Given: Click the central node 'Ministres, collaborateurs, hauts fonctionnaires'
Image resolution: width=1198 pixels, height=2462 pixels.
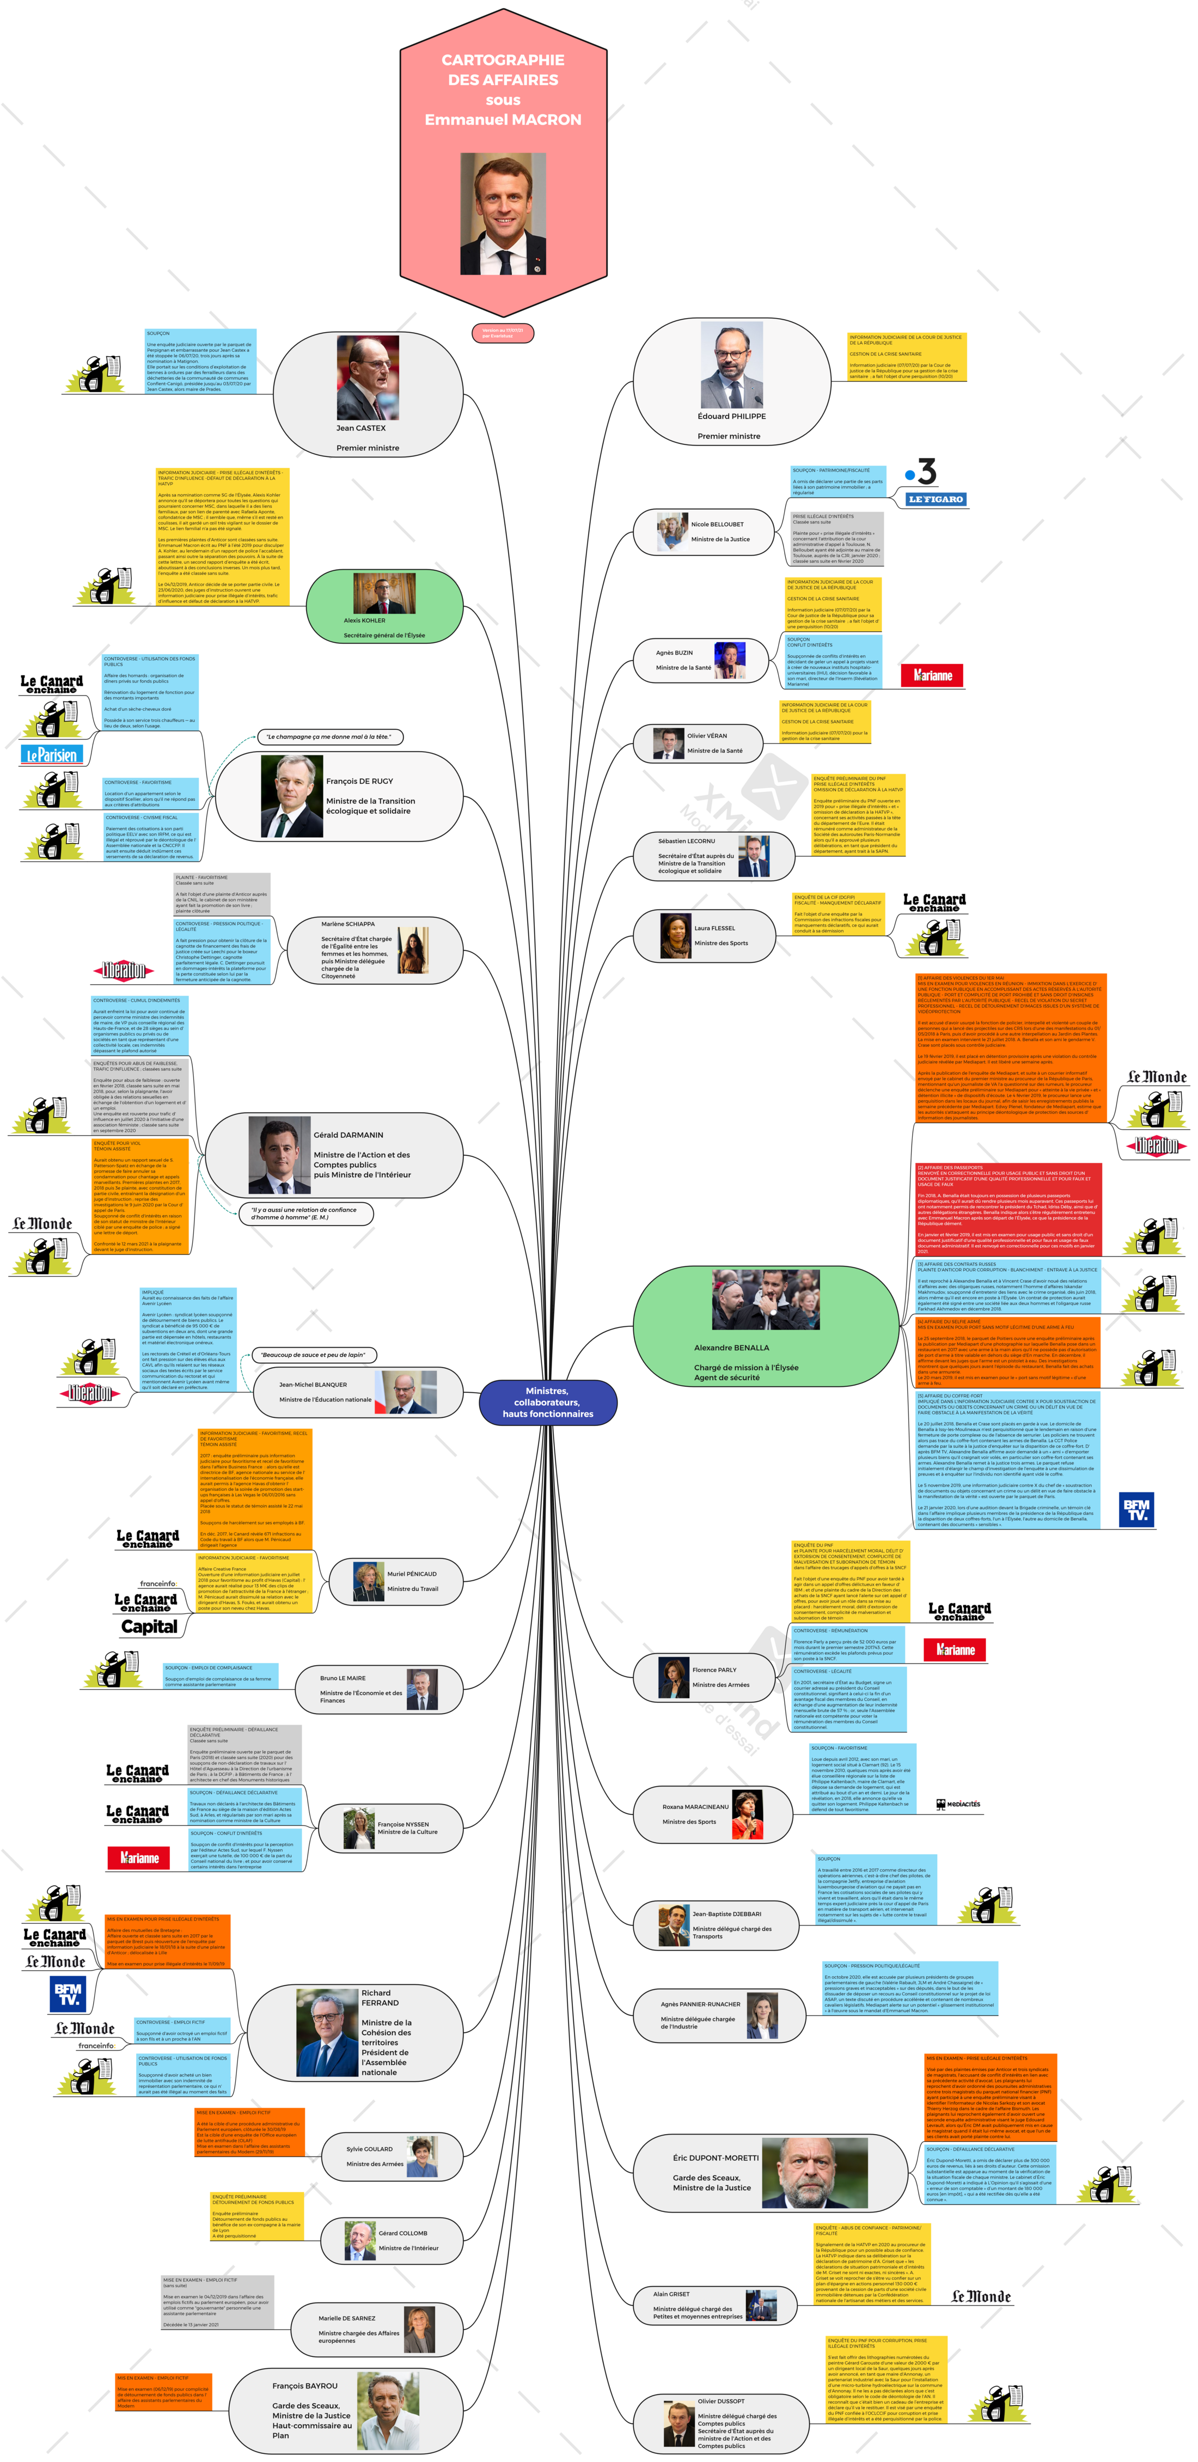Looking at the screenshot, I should tap(547, 1402).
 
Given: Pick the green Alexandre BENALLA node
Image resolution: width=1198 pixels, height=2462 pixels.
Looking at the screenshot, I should tap(765, 1326).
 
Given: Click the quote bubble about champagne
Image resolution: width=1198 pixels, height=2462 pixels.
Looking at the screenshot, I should tap(329, 737).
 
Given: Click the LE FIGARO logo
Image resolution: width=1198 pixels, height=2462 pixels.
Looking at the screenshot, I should tap(936, 499).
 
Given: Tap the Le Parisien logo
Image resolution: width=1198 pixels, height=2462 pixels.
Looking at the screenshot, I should tap(52, 755).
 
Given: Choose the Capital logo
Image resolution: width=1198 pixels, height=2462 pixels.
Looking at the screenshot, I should tap(149, 1626).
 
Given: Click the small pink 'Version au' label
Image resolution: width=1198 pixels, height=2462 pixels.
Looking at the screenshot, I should tap(502, 333).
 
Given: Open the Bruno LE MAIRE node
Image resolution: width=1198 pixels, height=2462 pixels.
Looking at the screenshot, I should tap(377, 1689).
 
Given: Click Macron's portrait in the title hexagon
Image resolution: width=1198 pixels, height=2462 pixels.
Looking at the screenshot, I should tap(503, 214).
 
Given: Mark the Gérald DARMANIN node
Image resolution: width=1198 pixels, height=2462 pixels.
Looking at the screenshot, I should tap(334, 1155).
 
